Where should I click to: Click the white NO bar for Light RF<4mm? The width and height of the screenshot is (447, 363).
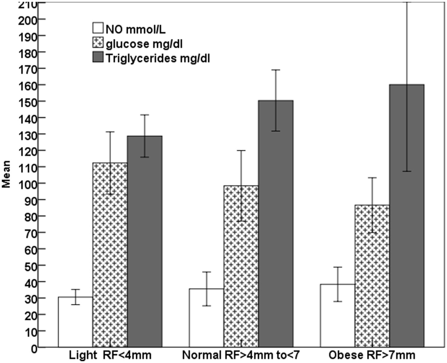(75, 322)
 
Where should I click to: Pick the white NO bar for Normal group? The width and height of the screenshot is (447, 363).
(206, 318)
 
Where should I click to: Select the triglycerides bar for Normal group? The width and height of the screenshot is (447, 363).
(275, 224)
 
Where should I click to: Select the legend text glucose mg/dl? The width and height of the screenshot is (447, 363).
(144, 44)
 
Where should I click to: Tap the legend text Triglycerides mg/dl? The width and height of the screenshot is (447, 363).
(157, 58)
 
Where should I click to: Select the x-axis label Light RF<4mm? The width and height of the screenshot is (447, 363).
(110, 355)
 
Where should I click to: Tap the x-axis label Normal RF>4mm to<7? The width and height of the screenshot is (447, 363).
(241, 355)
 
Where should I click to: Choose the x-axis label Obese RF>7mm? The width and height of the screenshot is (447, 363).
(372, 355)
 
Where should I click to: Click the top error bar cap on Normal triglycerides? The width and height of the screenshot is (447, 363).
(275, 70)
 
